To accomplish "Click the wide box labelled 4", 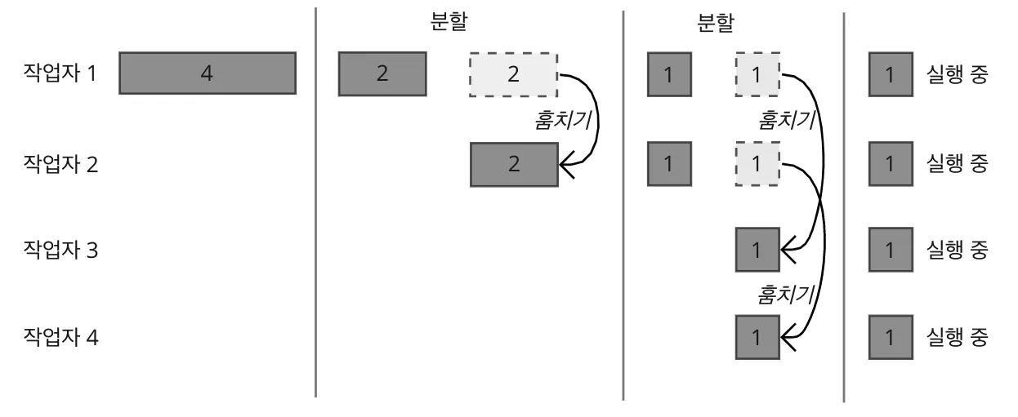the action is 208,73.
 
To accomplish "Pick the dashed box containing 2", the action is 513,74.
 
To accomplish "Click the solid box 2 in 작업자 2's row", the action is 513,164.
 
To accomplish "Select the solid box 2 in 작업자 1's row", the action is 382,73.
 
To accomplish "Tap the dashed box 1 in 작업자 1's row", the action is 757,73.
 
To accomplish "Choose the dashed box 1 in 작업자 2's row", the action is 757,163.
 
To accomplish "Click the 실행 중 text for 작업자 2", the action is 958,163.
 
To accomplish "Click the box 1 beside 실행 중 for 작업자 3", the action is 890,250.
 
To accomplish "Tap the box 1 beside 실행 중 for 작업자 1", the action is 890,73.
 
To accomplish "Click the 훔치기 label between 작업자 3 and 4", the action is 788,291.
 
